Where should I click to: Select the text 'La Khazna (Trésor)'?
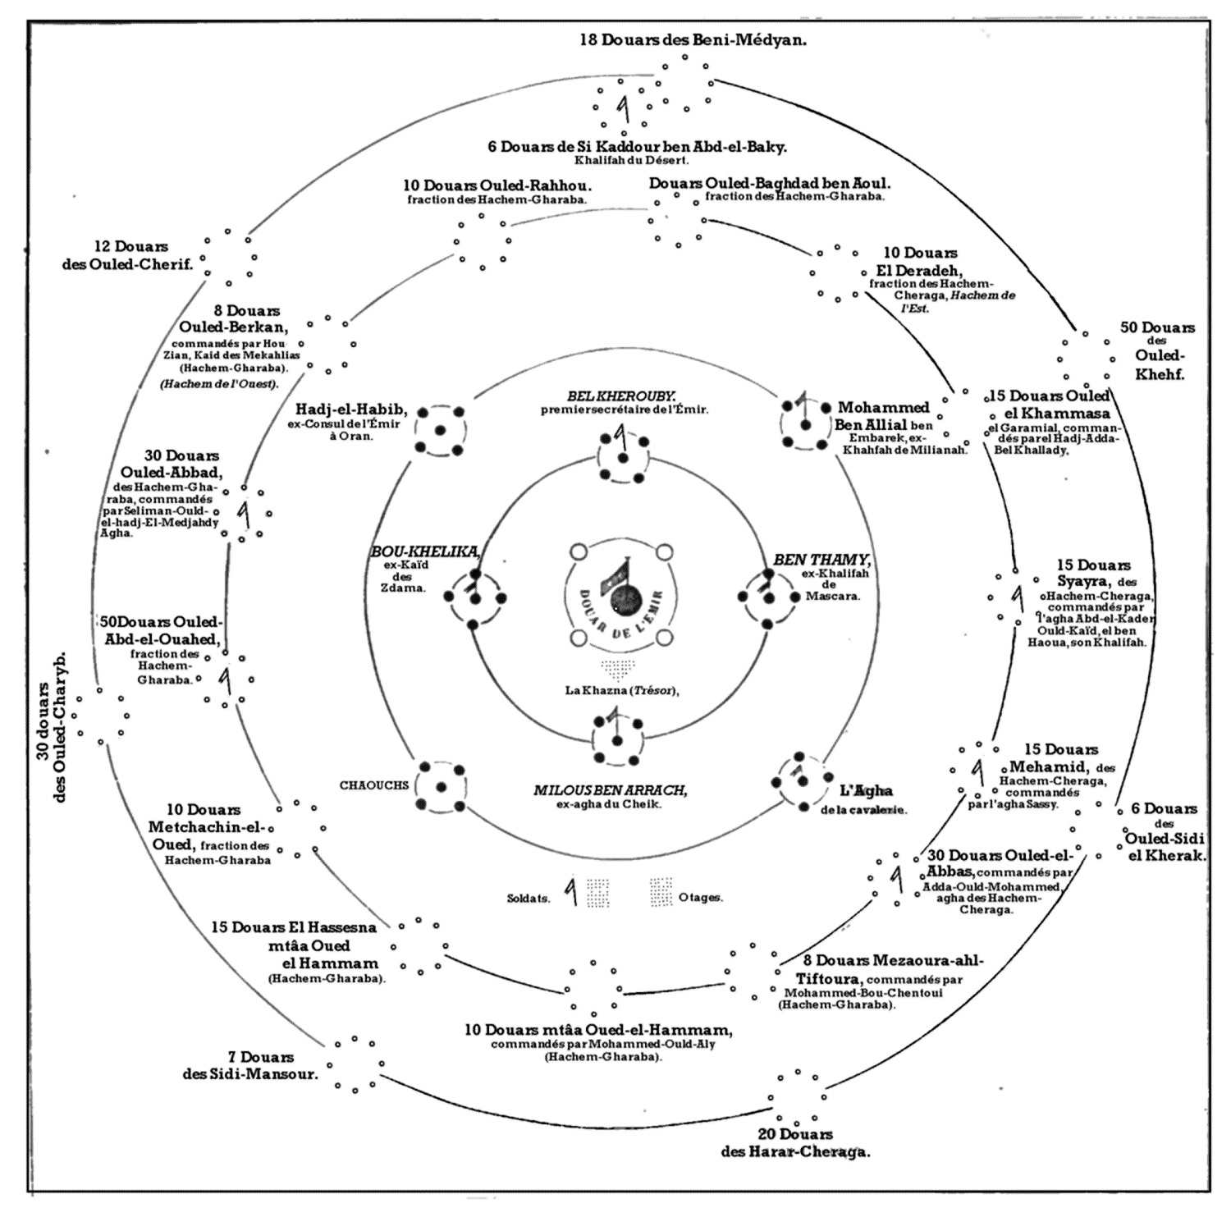[622, 690]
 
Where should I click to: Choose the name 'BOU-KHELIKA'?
[425, 550]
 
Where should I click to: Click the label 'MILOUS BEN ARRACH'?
[610, 790]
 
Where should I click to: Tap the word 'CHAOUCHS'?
[374, 785]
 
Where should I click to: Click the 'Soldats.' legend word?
[529, 898]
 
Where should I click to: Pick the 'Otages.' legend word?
[700, 898]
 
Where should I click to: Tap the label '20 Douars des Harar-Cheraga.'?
[795, 1143]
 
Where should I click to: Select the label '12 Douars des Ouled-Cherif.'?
[127, 255]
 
